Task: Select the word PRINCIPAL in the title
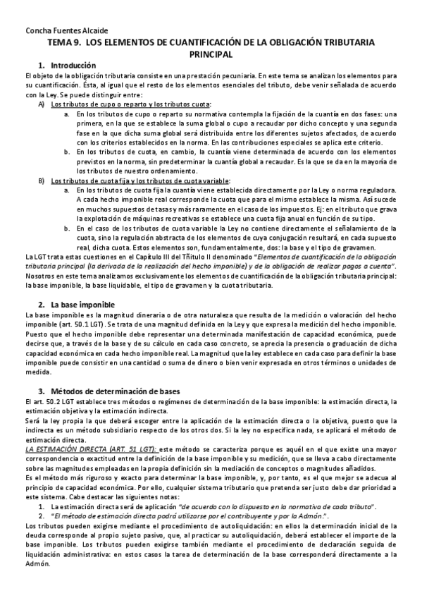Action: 211,54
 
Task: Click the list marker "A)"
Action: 42,104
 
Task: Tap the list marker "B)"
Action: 42,181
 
